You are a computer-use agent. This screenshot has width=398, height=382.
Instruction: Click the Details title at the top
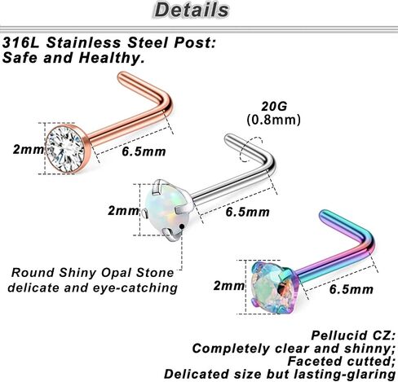point(192,10)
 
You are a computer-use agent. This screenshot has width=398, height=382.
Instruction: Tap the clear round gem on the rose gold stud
point(65,149)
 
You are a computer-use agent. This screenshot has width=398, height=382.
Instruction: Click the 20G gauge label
point(274,106)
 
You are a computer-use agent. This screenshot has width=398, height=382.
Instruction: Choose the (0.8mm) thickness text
point(274,120)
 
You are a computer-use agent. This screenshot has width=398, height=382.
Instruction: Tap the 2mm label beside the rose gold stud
point(29,149)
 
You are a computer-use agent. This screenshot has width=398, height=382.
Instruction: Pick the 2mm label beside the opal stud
point(123,210)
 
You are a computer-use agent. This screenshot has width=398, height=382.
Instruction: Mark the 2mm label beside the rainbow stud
point(229,286)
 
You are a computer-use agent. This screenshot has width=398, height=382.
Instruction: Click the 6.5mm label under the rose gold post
point(144,151)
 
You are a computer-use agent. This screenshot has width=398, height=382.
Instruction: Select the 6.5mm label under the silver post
point(247,212)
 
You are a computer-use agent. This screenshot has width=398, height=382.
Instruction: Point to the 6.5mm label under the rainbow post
point(352,289)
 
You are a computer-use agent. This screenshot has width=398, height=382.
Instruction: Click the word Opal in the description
point(117,273)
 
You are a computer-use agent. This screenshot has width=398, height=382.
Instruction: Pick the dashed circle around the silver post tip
point(251,149)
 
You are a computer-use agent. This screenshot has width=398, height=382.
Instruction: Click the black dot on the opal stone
point(182,226)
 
